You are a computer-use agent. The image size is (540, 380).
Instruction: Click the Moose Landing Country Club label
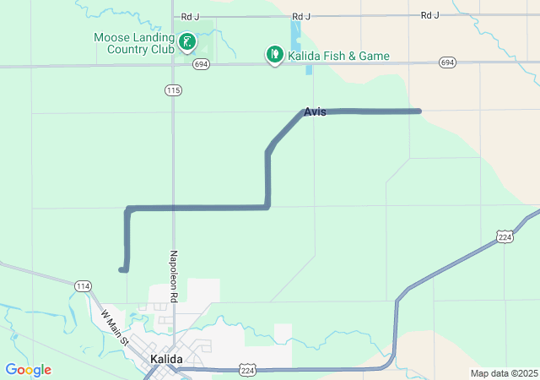pyautogui.click(x=133, y=43)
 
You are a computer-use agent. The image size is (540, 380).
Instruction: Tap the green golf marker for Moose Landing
pyautogui.click(x=187, y=41)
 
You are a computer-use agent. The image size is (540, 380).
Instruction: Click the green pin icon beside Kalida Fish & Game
pyautogui.click(x=274, y=55)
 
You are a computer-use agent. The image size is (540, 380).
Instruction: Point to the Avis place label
pyautogui.click(x=315, y=111)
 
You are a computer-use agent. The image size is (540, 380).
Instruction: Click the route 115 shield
pyautogui.click(x=174, y=90)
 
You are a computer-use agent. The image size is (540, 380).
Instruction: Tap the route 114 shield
pyautogui.click(x=82, y=286)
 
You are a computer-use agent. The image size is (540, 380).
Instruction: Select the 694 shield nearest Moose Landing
pyautogui.click(x=200, y=63)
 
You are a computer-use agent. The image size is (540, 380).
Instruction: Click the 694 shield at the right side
pyautogui.click(x=447, y=63)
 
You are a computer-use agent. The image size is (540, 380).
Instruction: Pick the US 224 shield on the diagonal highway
pyautogui.click(x=505, y=238)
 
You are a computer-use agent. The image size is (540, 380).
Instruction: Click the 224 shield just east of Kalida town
pyautogui.click(x=247, y=370)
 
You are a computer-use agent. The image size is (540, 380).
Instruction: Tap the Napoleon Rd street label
pyautogui.click(x=173, y=276)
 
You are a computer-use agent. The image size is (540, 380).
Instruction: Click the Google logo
pyautogui.click(x=28, y=370)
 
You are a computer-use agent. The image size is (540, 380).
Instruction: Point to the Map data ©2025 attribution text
pyautogui.click(x=504, y=373)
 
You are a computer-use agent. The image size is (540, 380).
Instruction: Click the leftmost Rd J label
pyautogui.click(x=191, y=16)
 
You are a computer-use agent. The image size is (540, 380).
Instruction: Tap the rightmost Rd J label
pyautogui.click(x=430, y=15)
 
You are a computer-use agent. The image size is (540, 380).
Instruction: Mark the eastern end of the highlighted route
pyautogui.click(x=418, y=111)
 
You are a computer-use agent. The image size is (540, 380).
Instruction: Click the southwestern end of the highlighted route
pyautogui.click(x=122, y=270)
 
